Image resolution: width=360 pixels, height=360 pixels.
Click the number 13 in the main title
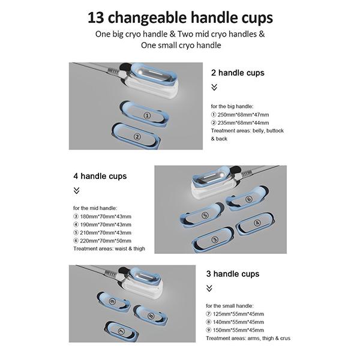point(95,18)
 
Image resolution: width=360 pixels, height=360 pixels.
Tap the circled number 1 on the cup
point(147,115)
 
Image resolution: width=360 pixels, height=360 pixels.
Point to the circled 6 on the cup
point(249,199)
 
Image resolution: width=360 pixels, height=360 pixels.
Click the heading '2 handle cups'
point(238,73)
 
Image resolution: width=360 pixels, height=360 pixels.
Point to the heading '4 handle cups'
point(100,176)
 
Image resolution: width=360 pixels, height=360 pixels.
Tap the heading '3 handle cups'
point(233,274)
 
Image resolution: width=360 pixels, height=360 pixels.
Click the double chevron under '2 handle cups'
point(214,87)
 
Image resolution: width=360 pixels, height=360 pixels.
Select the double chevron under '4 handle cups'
point(76,191)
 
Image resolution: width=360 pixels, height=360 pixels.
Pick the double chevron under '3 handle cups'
point(209,288)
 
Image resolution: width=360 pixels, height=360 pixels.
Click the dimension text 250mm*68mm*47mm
point(243,115)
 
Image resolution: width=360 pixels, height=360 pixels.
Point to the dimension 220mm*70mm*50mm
point(106,241)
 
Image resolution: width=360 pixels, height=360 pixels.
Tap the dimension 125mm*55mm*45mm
point(238,314)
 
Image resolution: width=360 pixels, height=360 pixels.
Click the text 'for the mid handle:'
point(95,208)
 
